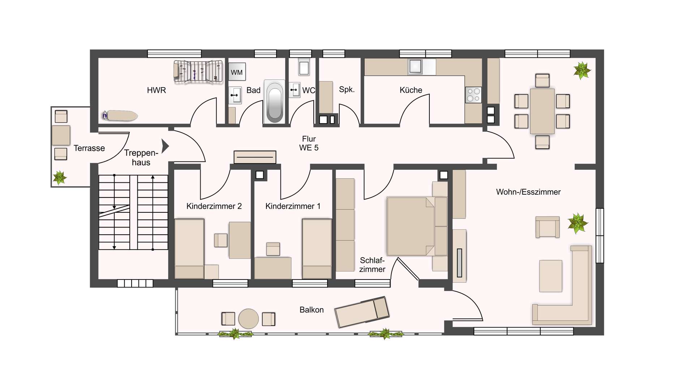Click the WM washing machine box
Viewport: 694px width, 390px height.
[237, 72]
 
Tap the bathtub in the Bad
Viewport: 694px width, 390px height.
[275, 101]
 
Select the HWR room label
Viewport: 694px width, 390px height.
[157, 90]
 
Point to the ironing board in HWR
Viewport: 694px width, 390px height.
[120, 116]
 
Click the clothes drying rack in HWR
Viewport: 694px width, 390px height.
[198, 72]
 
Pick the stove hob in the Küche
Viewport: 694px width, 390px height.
[474, 95]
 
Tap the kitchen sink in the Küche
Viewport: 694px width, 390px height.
[415, 67]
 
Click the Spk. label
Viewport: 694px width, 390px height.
[347, 89]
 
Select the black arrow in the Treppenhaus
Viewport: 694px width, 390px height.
[165, 146]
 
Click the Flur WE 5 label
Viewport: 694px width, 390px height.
[309, 143]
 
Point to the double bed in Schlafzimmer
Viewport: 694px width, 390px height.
[417, 226]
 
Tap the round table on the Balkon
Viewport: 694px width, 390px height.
[249, 318]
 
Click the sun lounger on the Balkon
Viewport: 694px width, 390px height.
[362, 312]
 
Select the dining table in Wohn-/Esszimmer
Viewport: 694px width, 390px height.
[542, 111]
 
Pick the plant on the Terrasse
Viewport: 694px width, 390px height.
[60, 178]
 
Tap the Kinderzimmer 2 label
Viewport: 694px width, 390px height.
[214, 206]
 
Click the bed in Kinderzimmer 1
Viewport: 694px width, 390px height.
[317, 248]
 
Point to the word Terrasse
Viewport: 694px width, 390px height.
[89, 148]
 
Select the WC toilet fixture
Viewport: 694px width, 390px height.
[304, 67]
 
